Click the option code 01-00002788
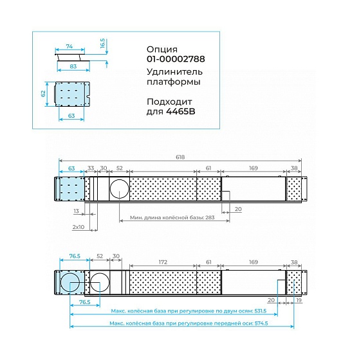(x=176, y=59)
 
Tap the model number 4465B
(x=180, y=112)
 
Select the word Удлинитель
(x=174, y=72)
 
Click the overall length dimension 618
(x=180, y=157)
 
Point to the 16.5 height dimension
(x=102, y=43)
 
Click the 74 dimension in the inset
(x=69, y=46)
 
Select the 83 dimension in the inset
(x=73, y=66)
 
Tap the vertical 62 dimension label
(x=43, y=94)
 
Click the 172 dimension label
(x=163, y=262)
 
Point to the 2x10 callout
(x=79, y=227)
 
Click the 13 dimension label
(x=76, y=211)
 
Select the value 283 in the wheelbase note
(x=210, y=217)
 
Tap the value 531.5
(x=260, y=311)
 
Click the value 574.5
(x=261, y=323)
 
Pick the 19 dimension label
(x=299, y=300)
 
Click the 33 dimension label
(x=91, y=168)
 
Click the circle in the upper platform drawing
(x=119, y=189)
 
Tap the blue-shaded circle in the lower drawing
(x=69, y=282)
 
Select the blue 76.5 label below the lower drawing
(x=84, y=302)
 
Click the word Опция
(x=162, y=50)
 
